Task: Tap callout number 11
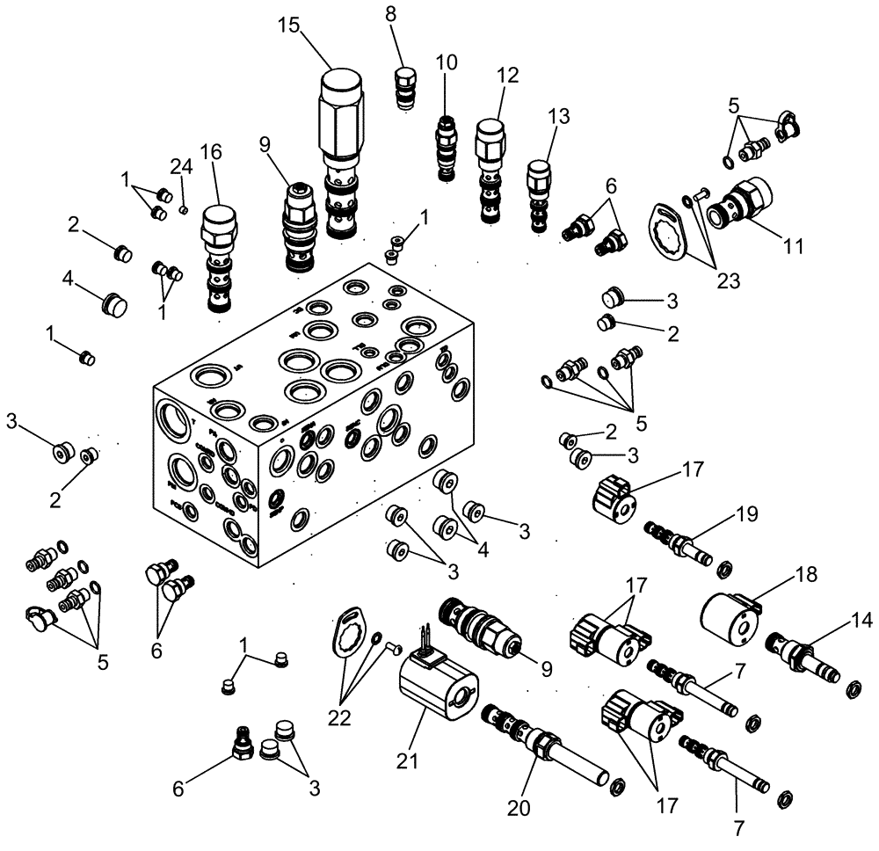click(x=794, y=247)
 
